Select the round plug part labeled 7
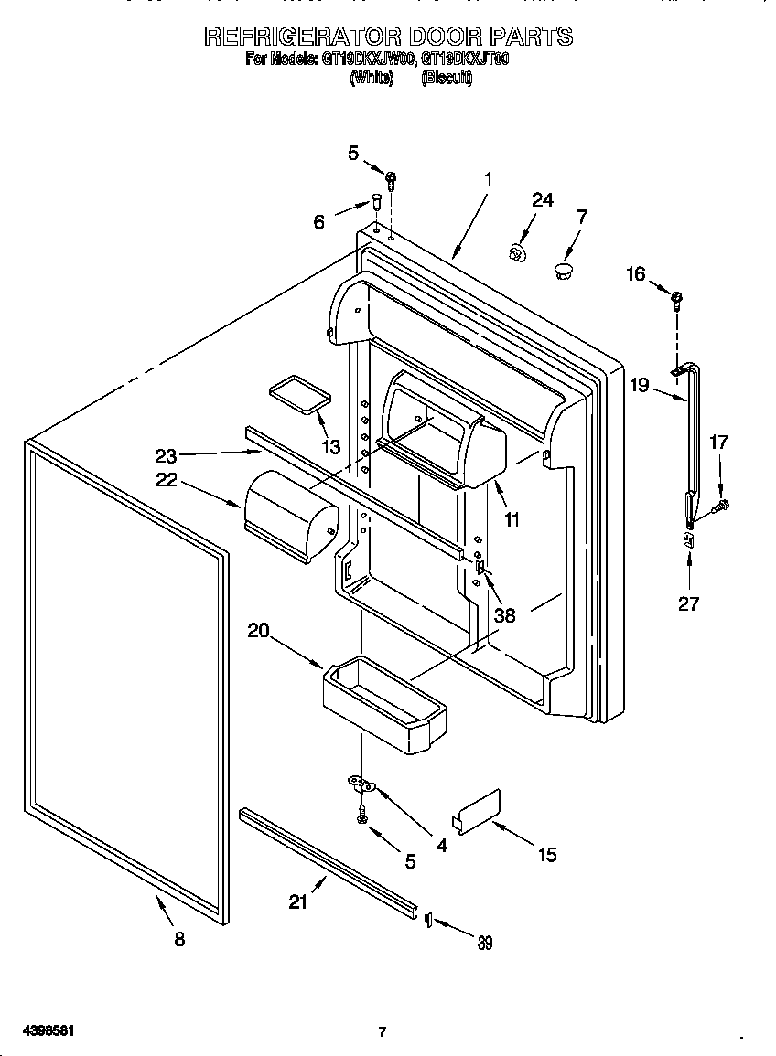[563, 269]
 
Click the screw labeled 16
[676, 296]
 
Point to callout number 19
[640, 385]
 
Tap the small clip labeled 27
[688, 542]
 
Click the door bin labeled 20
[384, 703]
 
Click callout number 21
[298, 901]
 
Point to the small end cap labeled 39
[426, 920]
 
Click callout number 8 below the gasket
[179, 939]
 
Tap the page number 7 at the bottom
[383, 1032]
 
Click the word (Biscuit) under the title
[447, 79]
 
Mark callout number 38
[504, 615]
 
